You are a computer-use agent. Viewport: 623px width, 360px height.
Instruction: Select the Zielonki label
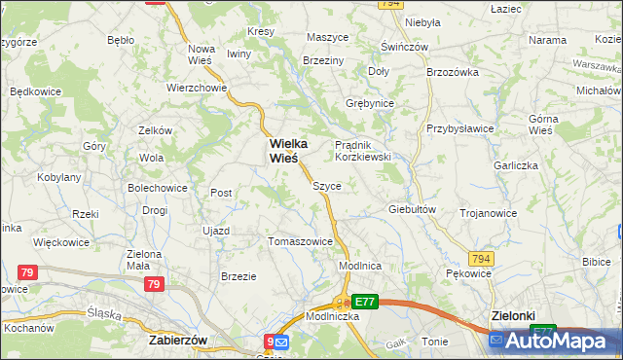coord(515,316)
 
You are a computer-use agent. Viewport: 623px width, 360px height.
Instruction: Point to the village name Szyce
coord(326,185)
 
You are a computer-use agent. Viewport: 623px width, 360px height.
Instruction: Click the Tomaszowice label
coord(300,241)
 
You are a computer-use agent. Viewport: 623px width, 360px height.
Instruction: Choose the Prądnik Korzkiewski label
coord(362,150)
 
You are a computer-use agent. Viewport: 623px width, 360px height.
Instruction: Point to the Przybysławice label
coord(459,128)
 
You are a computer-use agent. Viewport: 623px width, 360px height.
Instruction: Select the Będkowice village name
coord(36,90)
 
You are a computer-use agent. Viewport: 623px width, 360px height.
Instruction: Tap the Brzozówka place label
coord(454,72)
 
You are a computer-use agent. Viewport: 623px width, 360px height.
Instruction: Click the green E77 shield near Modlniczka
coord(364,303)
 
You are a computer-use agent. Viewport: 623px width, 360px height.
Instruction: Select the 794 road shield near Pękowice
coord(481,258)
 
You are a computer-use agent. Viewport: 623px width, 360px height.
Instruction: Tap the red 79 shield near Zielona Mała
coord(153,284)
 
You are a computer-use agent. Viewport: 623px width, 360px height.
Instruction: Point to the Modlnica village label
coord(358,266)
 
